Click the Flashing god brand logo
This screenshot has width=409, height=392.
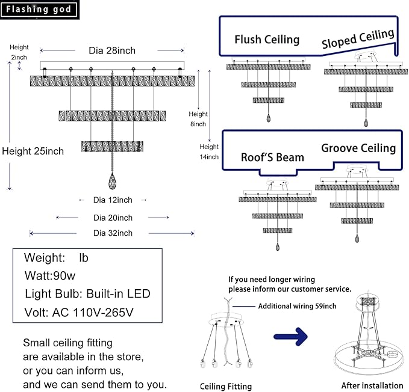(39, 10)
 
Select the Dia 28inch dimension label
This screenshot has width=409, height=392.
(112, 51)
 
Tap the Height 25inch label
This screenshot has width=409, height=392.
(33, 151)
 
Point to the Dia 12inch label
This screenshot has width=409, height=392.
(113, 200)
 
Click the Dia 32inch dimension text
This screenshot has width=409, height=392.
(113, 233)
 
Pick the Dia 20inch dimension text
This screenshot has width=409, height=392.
(113, 218)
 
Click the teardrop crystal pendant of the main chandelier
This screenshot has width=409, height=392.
(112, 181)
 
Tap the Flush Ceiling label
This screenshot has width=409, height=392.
(267, 40)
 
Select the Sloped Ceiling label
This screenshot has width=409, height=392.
(358, 38)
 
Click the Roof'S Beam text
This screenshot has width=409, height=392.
(272, 158)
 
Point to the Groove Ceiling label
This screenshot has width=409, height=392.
(358, 148)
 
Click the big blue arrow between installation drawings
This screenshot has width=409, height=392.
(290, 337)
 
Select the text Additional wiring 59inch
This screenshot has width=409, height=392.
(297, 306)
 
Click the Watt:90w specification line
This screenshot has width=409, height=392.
(50, 275)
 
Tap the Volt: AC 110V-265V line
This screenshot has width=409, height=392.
(79, 313)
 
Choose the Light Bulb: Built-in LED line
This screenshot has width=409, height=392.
(87, 293)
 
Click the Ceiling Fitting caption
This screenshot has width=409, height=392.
(226, 387)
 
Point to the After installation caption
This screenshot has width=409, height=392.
(372, 385)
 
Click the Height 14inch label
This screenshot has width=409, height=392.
(209, 152)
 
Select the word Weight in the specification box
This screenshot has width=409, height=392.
(45, 258)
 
